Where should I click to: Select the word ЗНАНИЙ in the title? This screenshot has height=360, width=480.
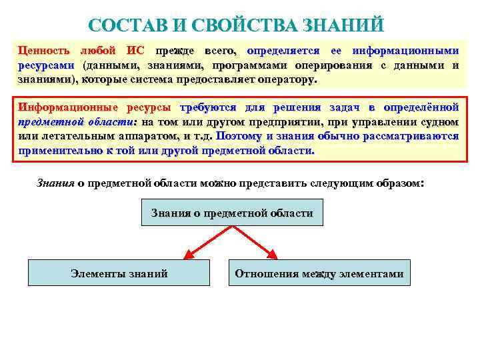(x=343, y=26)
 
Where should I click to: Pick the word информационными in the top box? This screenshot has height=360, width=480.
(x=405, y=51)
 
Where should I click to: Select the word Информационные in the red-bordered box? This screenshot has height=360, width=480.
(x=61, y=107)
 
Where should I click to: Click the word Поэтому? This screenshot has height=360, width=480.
(x=239, y=136)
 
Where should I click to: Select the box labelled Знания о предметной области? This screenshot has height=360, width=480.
(x=232, y=213)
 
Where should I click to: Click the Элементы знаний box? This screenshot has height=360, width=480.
(x=119, y=273)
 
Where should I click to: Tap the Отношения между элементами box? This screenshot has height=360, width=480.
(x=319, y=273)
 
